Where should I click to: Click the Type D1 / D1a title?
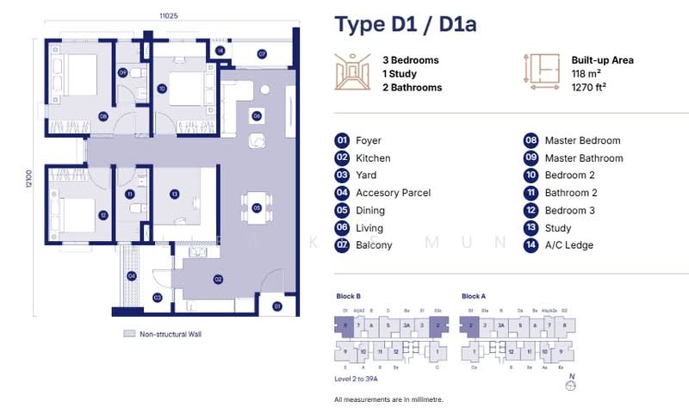click(405, 23)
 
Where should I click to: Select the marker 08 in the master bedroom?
click(102, 116)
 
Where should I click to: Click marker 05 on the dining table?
click(257, 207)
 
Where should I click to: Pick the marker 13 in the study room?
click(174, 195)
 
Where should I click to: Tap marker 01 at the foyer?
click(277, 306)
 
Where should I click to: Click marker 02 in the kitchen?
click(220, 280)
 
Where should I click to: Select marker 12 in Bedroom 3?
click(103, 215)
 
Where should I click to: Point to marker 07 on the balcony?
click(261, 53)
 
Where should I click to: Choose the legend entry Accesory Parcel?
click(393, 194)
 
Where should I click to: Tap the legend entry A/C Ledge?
click(568, 245)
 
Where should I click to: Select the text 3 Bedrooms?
click(411, 60)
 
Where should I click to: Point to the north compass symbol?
click(569, 386)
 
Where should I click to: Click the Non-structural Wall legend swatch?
click(130, 333)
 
